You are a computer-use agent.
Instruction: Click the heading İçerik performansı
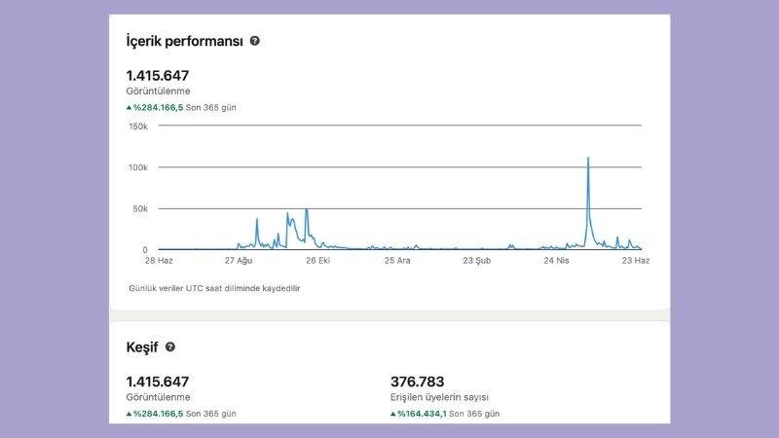point(184,41)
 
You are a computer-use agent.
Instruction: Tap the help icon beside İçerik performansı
point(255,41)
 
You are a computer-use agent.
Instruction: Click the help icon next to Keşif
point(170,347)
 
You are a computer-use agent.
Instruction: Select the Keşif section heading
point(142,347)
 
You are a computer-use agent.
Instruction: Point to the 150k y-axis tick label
point(138,126)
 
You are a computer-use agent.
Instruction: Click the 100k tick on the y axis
point(138,167)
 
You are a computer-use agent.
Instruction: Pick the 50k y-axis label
point(141,208)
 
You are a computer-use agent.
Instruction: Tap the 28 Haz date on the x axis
point(159,261)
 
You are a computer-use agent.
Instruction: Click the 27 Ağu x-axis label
point(239,261)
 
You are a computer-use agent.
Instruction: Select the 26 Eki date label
point(318,261)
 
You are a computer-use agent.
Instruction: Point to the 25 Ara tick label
point(397,261)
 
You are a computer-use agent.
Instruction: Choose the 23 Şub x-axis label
point(477,261)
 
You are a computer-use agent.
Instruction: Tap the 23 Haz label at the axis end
point(636,261)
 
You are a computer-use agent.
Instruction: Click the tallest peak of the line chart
point(588,158)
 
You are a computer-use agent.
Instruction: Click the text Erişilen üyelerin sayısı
point(439,397)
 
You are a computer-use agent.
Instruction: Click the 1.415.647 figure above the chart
point(158,75)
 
